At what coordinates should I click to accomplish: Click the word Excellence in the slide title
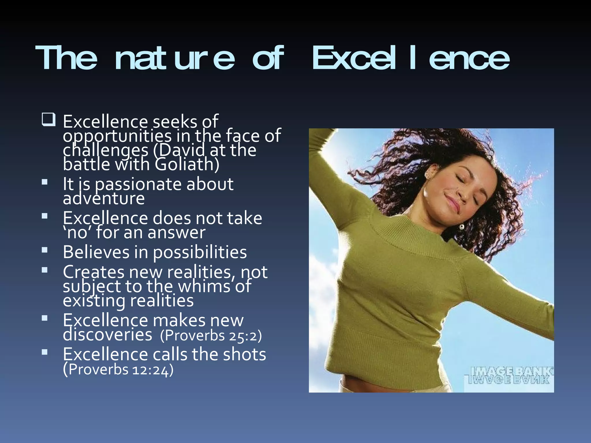click(411, 59)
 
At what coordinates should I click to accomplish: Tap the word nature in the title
click(175, 59)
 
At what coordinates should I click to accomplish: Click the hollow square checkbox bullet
click(48, 120)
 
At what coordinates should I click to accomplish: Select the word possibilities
click(200, 252)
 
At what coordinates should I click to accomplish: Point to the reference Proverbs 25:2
click(211, 335)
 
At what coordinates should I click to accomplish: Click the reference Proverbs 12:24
click(118, 369)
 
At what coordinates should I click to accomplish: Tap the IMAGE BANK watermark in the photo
click(509, 375)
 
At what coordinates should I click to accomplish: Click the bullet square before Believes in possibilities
click(44, 250)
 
